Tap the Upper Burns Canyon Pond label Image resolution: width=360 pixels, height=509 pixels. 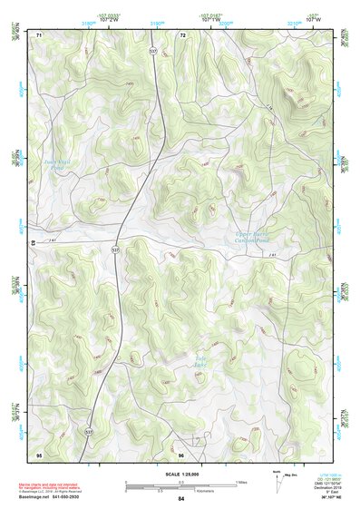tap(249, 239)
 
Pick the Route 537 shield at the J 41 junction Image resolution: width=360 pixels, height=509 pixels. tap(115, 248)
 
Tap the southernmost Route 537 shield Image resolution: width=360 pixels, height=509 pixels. tap(88, 433)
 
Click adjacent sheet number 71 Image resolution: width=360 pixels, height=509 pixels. tap(39, 34)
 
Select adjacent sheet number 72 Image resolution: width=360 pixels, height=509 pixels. tap(182, 34)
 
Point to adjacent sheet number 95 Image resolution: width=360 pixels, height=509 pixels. tap(39, 453)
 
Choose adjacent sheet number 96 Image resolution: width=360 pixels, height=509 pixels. tap(181, 453)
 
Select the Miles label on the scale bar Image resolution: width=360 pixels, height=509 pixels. tap(240, 482)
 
